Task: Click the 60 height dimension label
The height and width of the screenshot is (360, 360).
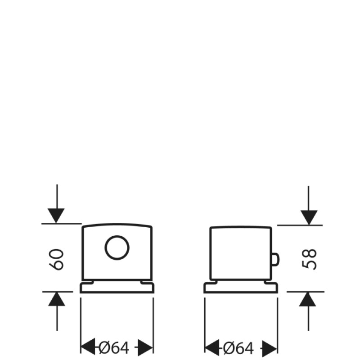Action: pyautogui.click(x=57, y=260)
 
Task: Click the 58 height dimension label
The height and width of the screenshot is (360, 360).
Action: pyautogui.click(x=309, y=259)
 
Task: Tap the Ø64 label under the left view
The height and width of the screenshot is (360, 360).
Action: pyautogui.click(x=114, y=348)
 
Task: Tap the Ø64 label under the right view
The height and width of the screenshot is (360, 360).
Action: pyautogui.click(x=238, y=348)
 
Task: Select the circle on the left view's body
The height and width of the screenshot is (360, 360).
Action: pyautogui.click(x=117, y=248)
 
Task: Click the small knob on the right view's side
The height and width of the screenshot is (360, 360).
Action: pyautogui.click(x=275, y=259)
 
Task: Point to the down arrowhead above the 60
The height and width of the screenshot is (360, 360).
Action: pyautogui.click(x=56, y=216)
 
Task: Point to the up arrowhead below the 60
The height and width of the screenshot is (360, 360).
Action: pyautogui.click(x=57, y=299)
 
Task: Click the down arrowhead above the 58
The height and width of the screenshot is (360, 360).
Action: pyautogui.click(x=309, y=217)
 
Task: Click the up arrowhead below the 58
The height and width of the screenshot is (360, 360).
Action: pyautogui.click(x=308, y=299)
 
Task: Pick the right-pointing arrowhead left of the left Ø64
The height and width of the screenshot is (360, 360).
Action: pyautogui.click(x=88, y=346)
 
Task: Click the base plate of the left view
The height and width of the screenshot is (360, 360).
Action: pyautogui.click(x=117, y=288)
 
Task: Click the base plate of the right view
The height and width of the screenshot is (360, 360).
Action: pyautogui.click(x=241, y=288)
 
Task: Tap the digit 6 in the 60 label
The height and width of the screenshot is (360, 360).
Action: pyautogui.click(x=57, y=265)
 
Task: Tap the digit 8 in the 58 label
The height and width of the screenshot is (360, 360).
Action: pyautogui.click(x=309, y=254)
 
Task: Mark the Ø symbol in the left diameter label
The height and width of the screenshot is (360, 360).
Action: pyautogui.click(x=105, y=348)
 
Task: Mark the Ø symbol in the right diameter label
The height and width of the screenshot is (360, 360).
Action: pyautogui.click(x=229, y=348)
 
